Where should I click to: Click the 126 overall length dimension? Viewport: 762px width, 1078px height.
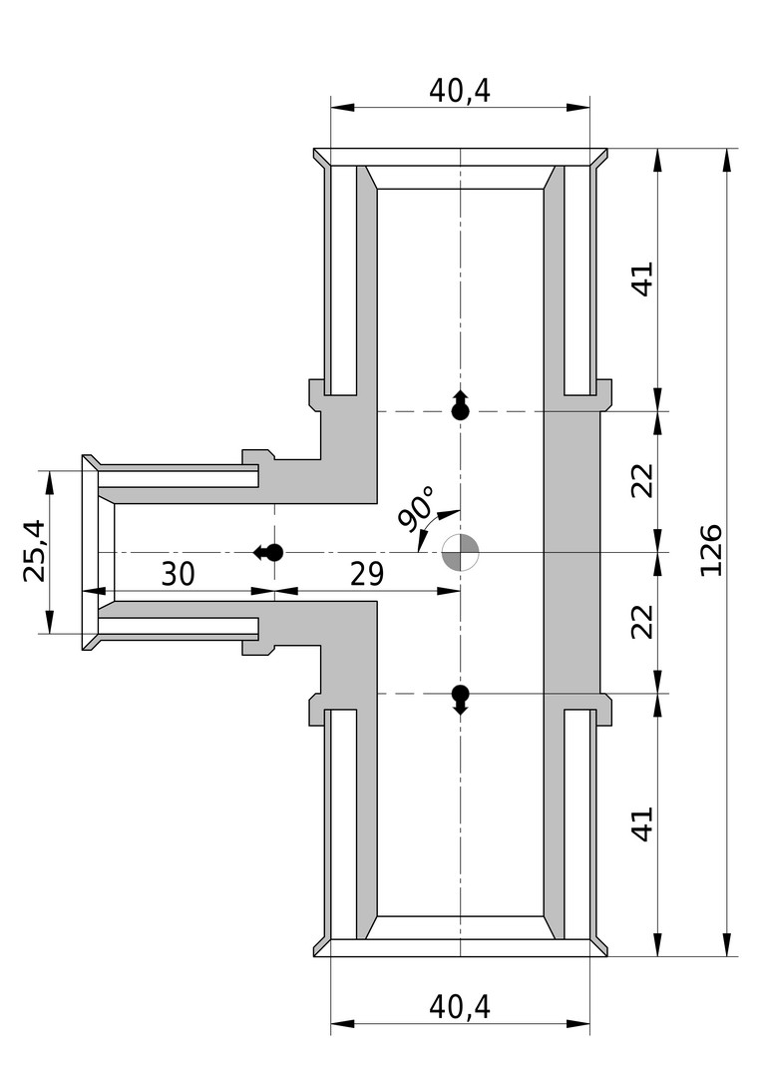click(711, 551)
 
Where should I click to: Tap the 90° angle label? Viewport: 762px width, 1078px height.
click(416, 509)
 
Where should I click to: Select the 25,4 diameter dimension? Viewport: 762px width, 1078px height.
click(34, 551)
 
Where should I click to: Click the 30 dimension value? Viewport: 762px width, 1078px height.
click(178, 573)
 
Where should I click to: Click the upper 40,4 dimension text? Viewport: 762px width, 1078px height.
click(460, 90)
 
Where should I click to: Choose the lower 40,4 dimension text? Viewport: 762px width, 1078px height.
click(460, 1007)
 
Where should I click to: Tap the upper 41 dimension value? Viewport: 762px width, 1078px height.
click(643, 278)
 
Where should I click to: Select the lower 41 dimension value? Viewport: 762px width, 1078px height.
click(643, 822)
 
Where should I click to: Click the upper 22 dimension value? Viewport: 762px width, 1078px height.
click(643, 480)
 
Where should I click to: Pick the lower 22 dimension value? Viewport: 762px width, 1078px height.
click(643, 622)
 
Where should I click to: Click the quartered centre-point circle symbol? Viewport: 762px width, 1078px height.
click(460, 552)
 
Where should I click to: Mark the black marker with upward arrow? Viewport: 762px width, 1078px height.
click(461, 405)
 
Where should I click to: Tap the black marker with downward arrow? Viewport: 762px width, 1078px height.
click(461, 699)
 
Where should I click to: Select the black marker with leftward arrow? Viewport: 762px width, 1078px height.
click(268, 552)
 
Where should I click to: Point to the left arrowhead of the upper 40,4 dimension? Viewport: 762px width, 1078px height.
click(343, 107)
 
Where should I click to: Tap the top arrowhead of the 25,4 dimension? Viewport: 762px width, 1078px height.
click(50, 483)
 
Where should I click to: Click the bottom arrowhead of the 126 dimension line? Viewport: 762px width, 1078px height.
click(727, 942)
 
